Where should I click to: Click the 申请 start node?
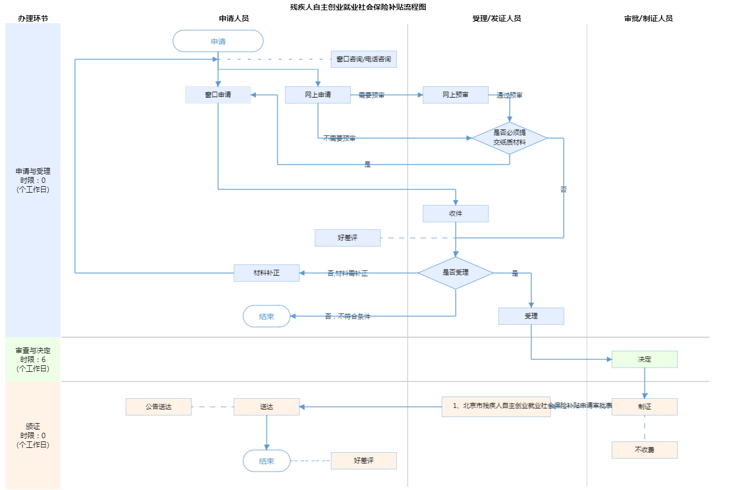click(x=218, y=42)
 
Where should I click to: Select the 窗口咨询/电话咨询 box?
click(x=363, y=59)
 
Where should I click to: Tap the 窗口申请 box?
click(x=218, y=95)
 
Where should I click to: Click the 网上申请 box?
click(x=318, y=95)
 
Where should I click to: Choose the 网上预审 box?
click(x=455, y=95)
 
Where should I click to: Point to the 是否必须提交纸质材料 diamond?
click(x=509, y=138)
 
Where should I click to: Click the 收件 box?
click(x=455, y=214)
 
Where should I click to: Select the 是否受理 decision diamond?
click(x=455, y=273)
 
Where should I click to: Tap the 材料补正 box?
click(x=266, y=273)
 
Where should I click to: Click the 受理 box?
click(x=531, y=316)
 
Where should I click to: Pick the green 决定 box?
click(x=644, y=359)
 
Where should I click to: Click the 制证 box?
click(x=644, y=407)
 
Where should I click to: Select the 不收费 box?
click(x=644, y=450)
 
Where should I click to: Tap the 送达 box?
click(x=266, y=407)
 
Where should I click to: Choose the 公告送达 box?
click(x=158, y=407)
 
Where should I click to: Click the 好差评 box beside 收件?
click(x=347, y=238)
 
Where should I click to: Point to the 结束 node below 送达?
click(x=266, y=461)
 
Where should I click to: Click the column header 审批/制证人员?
click(x=649, y=18)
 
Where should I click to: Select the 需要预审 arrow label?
click(x=372, y=96)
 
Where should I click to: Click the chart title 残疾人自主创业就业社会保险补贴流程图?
click(x=358, y=7)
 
